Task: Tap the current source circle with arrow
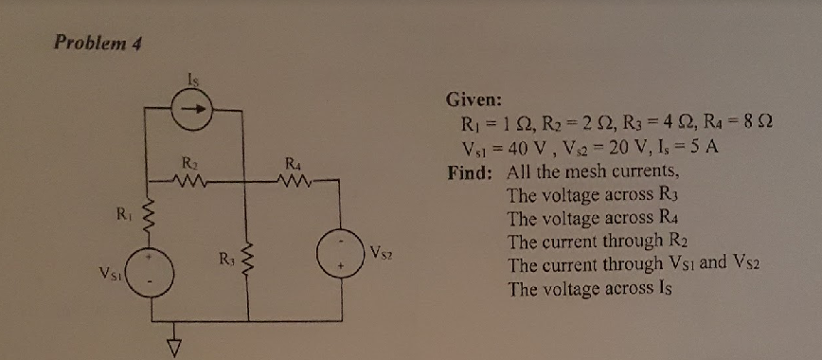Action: point(192,110)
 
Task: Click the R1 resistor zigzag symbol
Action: point(146,218)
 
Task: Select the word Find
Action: point(470,173)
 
